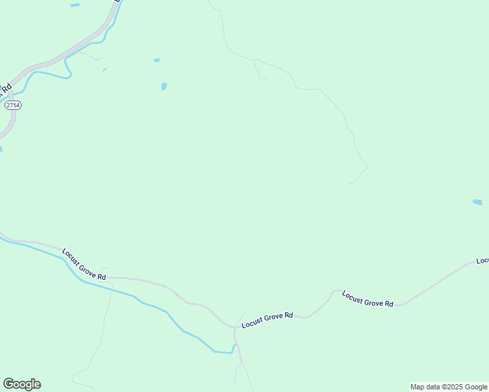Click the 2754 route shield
pos(12,105)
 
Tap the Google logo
pos(22,384)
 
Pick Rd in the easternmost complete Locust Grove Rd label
pos(388,304)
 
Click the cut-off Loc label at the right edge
pos(482,261)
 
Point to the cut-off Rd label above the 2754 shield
pos(7,88)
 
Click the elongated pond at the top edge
pos(75,5)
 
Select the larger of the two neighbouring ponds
pos(163,86)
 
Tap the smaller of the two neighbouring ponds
pos(156,60)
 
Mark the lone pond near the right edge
pos(477,203)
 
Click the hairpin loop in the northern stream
pos(67,72)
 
